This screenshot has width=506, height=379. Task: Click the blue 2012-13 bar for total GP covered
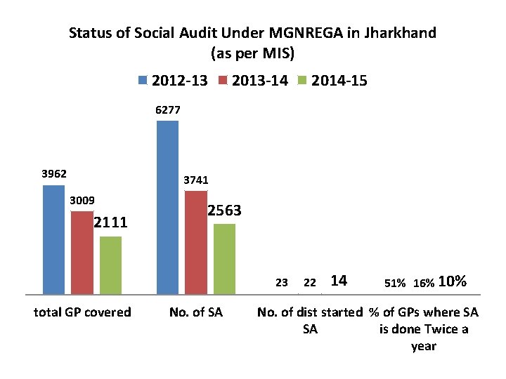point(53,239)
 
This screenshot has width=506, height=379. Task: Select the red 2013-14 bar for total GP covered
point(82,251)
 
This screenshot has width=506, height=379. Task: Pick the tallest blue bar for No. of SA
point(167,206)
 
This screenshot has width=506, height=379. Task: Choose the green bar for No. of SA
point(224,258)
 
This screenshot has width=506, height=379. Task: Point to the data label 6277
point(167,109)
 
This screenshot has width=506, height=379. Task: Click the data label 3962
point(53,173)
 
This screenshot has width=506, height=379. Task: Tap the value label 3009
point(82,200)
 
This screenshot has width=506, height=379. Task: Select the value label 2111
point(110,222)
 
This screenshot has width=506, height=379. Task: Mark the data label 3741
point(196,180)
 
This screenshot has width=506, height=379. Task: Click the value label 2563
point(225,211)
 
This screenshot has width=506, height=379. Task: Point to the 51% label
point(394,283)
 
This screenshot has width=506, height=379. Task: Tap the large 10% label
point(452,281)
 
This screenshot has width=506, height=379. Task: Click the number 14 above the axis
point(338,281)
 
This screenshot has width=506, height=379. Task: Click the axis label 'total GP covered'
point(82,312)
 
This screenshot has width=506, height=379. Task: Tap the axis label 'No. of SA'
point(196,312)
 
